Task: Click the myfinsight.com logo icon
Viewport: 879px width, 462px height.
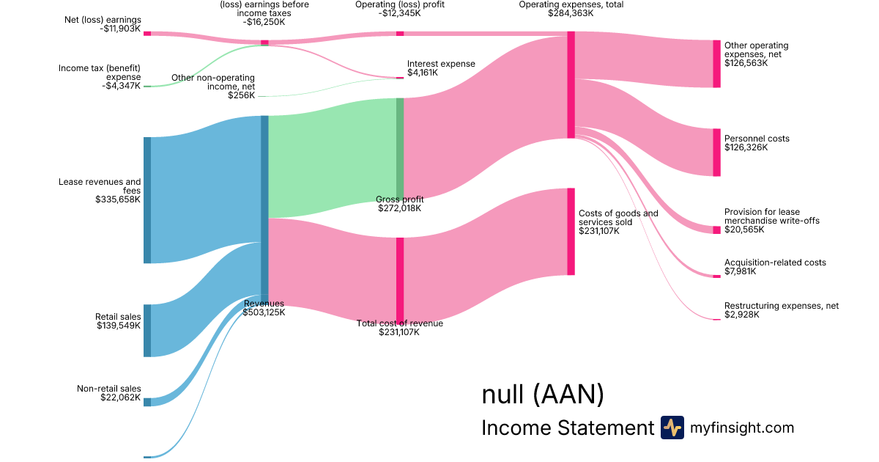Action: point(672,428)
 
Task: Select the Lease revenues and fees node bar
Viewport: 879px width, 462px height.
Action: point(147,199)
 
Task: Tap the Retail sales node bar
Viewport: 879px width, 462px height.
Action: point(147,330)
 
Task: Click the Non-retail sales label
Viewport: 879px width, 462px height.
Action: point(109,389)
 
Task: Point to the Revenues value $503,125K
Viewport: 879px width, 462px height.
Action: point(264,312)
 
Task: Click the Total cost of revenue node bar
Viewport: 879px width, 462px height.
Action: point(400,279)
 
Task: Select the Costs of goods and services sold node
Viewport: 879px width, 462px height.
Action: point(571,232)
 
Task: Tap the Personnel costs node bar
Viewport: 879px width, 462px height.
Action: point(716,153)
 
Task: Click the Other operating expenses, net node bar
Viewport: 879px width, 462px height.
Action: point(716,64)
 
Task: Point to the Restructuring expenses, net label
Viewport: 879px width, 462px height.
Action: point(782,306)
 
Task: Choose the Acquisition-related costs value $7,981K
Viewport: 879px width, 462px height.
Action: point(741,271)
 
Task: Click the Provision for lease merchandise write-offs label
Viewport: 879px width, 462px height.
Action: point(771,216)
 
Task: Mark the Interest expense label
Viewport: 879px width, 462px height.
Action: point(441,64)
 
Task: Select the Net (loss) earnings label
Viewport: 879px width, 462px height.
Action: point(103,20)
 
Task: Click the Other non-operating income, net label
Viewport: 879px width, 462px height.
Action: point(213,81)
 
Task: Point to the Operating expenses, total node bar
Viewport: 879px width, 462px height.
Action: point(571,84)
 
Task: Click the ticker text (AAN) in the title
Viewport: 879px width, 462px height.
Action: point(568,395)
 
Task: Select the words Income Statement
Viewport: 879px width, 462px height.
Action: point(567,428)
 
